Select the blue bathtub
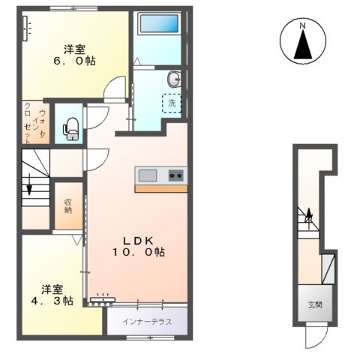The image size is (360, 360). [158, 29]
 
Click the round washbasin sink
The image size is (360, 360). [174, 78]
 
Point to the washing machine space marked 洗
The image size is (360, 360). [172, 103]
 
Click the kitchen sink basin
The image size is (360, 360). [147, 175]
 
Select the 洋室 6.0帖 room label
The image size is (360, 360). [73, 55]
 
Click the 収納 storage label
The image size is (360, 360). [68, 205]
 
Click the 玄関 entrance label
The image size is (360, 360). [314, 305]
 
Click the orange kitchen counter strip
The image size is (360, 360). [161, 188]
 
